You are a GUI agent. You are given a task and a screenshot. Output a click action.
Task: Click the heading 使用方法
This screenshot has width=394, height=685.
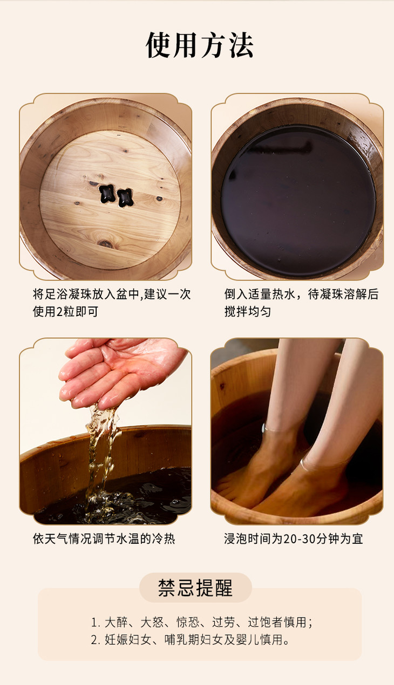tap(200, 45)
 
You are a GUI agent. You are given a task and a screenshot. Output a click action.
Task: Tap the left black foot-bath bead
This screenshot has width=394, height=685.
tap(107, 194)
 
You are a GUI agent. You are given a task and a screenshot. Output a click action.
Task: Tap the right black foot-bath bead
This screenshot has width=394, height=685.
tap(125, 197)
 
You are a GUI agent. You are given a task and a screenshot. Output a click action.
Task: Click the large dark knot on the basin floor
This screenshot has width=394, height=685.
tap(105, 243)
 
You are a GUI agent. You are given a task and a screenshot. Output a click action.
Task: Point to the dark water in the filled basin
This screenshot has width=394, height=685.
tap(298, 200)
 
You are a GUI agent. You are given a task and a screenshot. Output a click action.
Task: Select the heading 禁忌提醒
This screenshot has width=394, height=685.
tap(195, 587)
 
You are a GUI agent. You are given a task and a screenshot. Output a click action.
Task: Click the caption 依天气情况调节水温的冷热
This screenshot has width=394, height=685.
tap(104, 538)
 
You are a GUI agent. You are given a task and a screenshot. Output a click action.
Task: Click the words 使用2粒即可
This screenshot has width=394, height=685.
tap(65, 311)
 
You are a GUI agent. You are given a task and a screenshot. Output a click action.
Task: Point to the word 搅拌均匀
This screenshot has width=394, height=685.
tap(248, 311)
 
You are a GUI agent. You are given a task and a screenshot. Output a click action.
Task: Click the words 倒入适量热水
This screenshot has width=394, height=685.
tap(260, 294)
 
